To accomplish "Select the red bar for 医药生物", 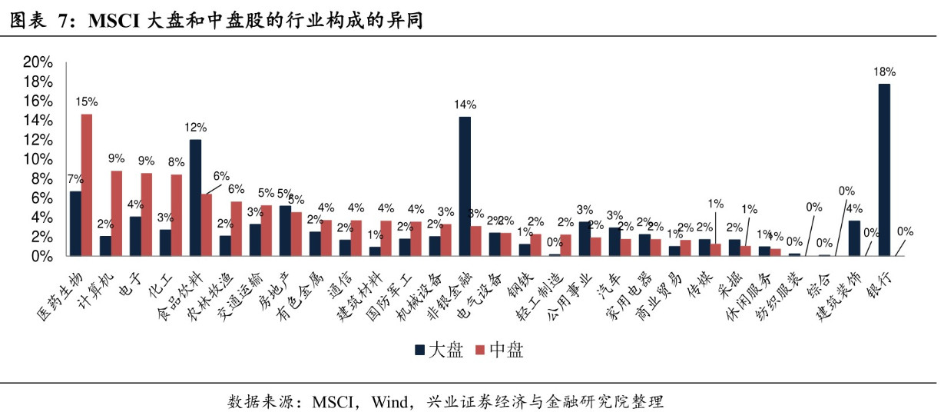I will coord(87,184).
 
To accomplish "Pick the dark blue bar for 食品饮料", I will coord(195,198).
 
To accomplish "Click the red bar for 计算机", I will coord(117,213).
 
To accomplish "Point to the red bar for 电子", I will coord(147,214).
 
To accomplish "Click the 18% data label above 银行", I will coord(884,72).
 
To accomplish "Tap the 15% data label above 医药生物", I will coord(87,101).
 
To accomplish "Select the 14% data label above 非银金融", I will coord(465,105).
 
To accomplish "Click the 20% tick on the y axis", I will coord(38,62).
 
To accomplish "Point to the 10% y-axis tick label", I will coord(38,159).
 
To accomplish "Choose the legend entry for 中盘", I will coord(498,351).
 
